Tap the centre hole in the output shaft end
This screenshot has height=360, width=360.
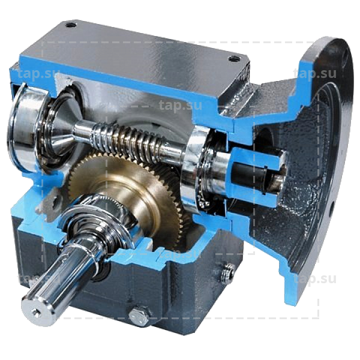[x=36, y=312]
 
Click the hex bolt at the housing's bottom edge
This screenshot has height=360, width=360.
[x=139, y=316]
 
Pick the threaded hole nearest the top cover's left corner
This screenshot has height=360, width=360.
[x=70, y=25]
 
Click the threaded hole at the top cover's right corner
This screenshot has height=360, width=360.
[x=234, y=59]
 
